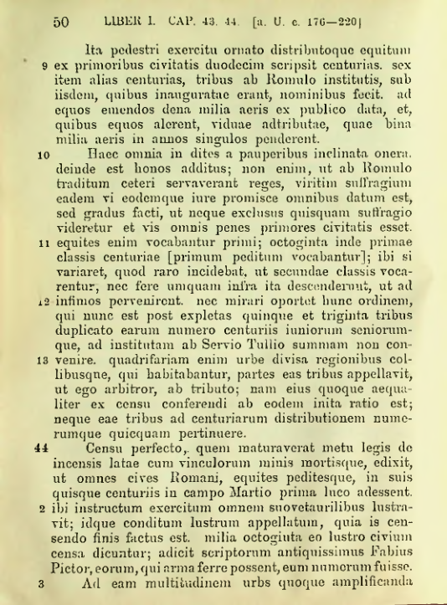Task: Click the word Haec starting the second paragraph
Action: point(104,154)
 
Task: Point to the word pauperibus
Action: point(256,154)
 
